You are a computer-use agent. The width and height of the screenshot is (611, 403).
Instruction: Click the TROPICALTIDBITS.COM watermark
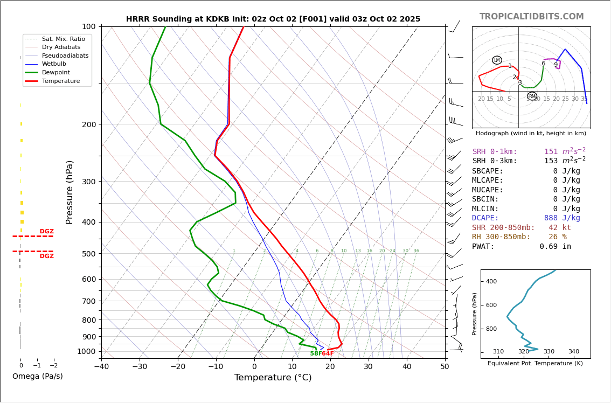coord(531,17)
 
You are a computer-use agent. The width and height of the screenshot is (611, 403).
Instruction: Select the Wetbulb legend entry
coord(54,64)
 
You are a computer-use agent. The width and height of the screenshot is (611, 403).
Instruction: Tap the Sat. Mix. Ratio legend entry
coord(63,39)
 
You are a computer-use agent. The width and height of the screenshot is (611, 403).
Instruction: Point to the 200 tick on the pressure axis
coord(89,124)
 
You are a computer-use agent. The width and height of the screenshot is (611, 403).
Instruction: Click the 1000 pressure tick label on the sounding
coord(87,352)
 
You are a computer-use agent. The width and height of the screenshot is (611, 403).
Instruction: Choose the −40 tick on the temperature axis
coord(101,367)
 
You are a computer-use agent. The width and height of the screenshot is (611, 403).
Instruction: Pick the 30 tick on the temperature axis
coord(369,367)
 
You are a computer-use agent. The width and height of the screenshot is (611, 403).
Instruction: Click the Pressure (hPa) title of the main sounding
coord(70,192)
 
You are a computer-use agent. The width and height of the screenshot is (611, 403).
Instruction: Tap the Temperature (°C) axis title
coord(273,378)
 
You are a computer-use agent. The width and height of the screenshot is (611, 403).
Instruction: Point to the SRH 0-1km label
coord(495,152)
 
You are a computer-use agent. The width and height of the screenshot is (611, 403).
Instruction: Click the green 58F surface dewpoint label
coord(316,353)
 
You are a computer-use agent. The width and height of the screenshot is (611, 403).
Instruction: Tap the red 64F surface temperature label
coord(328,353)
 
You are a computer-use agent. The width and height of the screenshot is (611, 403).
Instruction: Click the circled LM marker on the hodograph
coord(497,60)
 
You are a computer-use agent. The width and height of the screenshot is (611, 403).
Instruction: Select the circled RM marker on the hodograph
coord(532,96)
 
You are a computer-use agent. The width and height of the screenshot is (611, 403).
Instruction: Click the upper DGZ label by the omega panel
coord(46,232)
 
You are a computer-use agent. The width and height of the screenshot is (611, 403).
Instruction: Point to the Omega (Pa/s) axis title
coord(38,377)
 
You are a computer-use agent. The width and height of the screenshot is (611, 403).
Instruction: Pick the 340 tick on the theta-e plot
coord(574,352)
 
